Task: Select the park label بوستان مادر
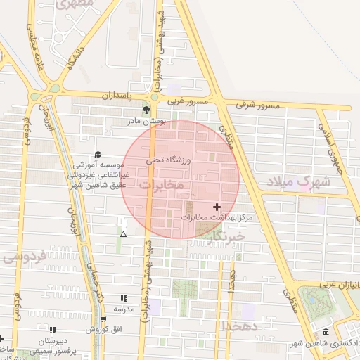146,121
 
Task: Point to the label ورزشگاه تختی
169,160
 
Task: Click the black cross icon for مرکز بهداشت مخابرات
216,207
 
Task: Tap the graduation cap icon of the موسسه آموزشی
98,154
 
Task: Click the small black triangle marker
124,234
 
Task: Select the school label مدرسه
124,309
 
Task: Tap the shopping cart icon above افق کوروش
103,319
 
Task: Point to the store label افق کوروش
102,329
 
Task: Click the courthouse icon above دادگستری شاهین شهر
326,332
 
